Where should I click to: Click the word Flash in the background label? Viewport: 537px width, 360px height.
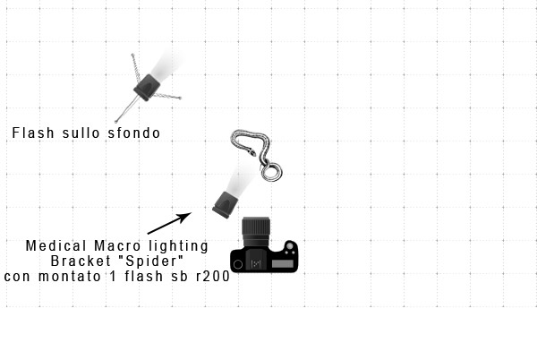click(33, 133)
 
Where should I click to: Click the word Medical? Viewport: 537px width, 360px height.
click(56, 246)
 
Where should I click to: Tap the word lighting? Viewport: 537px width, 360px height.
click(178, 246)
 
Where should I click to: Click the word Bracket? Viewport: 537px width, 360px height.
click(81, 261)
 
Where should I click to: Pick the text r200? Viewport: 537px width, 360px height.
click(213, 276)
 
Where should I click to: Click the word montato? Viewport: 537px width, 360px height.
click(70, 276)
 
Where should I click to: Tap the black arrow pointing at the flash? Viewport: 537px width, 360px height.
click(169, 223)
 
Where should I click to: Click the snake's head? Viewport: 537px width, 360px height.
click(252, 151)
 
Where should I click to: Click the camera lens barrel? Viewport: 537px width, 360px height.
click(256, 231)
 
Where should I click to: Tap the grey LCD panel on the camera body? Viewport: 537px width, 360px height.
click(283, 264)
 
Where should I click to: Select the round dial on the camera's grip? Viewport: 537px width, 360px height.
click(289, 246)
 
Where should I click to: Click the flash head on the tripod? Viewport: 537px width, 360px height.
click(147, 88)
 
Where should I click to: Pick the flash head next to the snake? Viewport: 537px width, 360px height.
click(226, 204)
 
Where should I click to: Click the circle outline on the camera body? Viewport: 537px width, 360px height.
click(238, 264)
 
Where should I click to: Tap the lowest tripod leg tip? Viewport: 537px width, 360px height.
click(116, 122)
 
